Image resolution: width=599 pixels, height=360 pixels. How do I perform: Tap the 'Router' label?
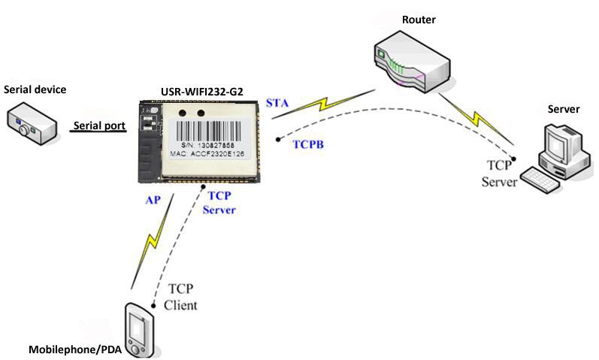click(419, 18)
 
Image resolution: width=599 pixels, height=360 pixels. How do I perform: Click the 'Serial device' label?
click(35, 90)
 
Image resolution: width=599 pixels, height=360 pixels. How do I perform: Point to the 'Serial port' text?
click(98, 126)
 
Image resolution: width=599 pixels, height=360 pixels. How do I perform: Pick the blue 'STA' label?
click(277, 102)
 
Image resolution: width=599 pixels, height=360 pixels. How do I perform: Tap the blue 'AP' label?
click(153, 201)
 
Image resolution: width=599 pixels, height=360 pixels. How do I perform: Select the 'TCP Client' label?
click(181, 297)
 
